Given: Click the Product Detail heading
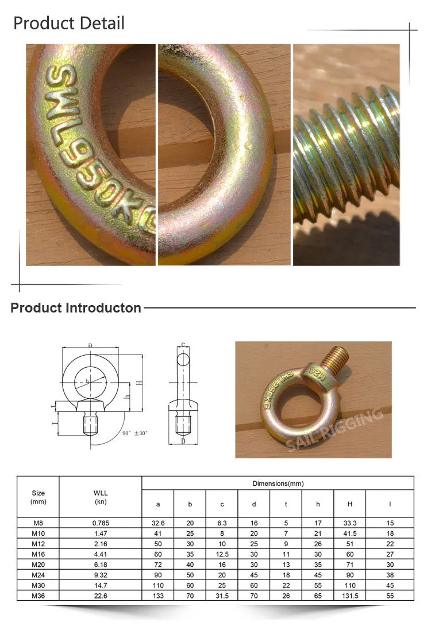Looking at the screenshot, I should pyautogui.click(x=68, y=24).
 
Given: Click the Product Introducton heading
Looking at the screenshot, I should pyautogui.click(x=76, y=308).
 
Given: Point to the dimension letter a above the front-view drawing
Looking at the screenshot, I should pyautogui.click(x=91, y=344).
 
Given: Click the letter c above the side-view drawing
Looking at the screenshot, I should pyautogui.click(x=183, y=345).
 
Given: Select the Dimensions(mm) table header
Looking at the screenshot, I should pyautogui.click(x=278, y=483).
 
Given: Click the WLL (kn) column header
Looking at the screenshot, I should pyautogui.click(x=101, y=497).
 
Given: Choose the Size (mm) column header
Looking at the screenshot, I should pyautogui.click(x=38, y=497).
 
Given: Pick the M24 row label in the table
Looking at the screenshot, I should pyautogui.click(x=38, y=574).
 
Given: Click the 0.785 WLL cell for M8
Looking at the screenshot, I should pyautogui.click(x=101, y=523).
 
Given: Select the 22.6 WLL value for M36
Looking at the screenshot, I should pyautogui.click(x=101, y=594).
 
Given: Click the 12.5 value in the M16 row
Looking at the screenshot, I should pyautogui.click(x=222, y=554).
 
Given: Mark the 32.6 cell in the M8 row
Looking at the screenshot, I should pyautogui.click(x=157, y=523).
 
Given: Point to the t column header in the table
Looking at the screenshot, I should pyautogui.click(x=286, y=504).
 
